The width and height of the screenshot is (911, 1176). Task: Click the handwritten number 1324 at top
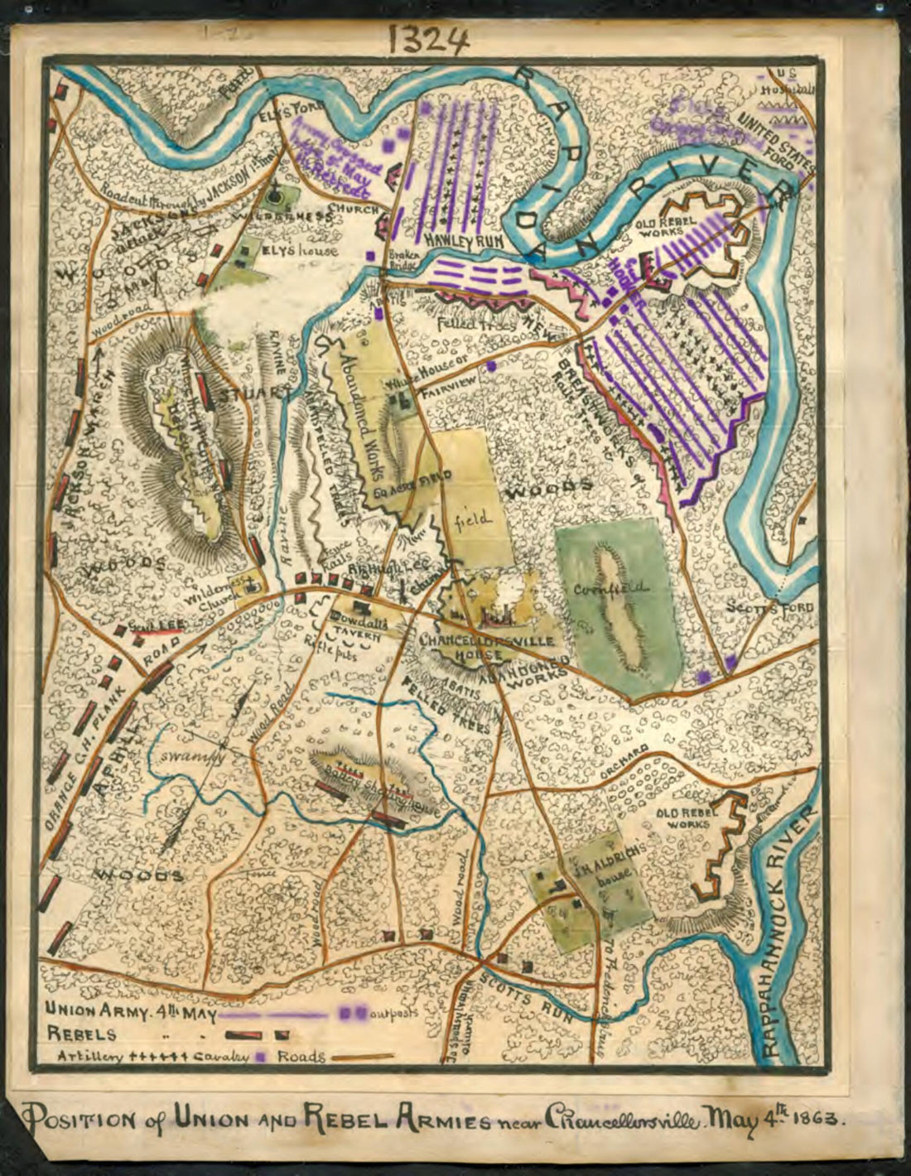pyautogui.click(x=429, y=37)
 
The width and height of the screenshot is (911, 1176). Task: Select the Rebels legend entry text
pyautogui.click(x=80, y=1034)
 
